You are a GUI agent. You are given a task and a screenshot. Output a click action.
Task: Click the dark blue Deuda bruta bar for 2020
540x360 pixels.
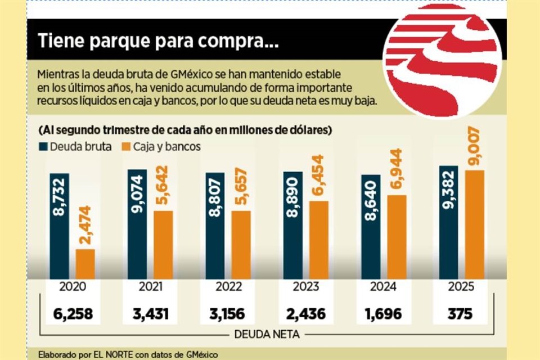(60, 226)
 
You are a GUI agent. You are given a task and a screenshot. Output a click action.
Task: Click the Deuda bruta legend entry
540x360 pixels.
(74, 147)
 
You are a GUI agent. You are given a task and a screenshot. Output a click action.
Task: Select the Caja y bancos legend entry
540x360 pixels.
(161, 147)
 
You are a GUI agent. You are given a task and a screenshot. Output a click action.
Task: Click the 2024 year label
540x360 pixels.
(384, 287)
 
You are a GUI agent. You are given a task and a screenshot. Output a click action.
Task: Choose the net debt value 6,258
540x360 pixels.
(74, 313)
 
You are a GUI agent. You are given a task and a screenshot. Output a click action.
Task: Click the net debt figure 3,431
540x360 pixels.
(151, 313)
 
